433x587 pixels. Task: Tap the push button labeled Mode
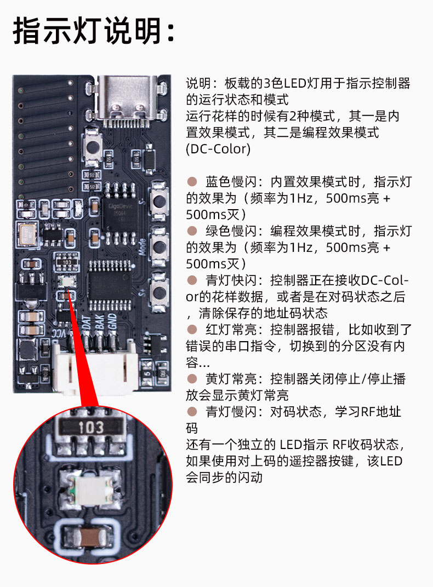tap(159, 247)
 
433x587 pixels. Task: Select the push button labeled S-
tap(159, 201)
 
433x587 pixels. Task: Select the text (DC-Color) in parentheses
tap(218, 149)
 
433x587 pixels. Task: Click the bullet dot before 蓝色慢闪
tap(192, 182)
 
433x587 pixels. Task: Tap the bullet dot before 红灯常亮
tap(192, 330)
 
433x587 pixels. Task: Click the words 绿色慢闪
tap(231, 231)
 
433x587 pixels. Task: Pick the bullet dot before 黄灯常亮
tap(192, 379)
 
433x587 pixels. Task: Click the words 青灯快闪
tap(231, 280)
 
